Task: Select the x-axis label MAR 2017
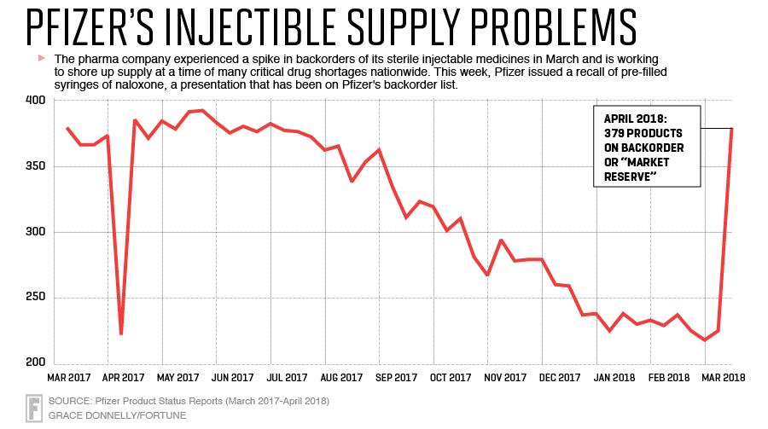pyautogui.click(x=68, y=376)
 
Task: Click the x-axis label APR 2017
pyautogui.click(x=123, y=376)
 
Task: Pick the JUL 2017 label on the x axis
pyautogui.click(x=287, y=376)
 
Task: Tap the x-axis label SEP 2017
pyautogui.click(x=396, y=376)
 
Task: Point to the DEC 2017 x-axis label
pyautogui.click(x=560, y=376)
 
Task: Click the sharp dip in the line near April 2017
pyautogui.click(x=121, y=333)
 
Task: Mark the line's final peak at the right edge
pyautogui.click(x=731, y=129)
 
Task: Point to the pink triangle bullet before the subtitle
pyautogui.click(x=40, y=58)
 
